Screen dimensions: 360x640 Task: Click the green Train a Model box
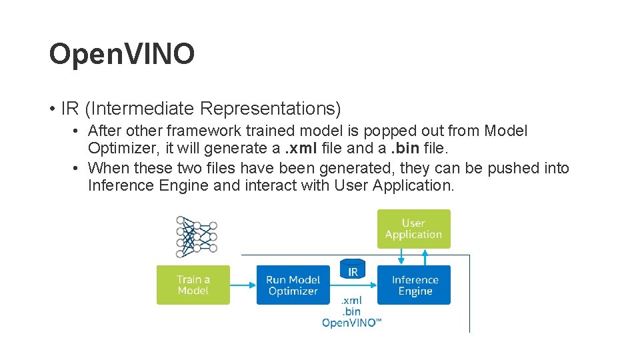click(193, 285)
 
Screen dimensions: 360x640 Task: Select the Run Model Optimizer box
click(293, 285)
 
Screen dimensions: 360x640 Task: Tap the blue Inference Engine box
click(415, 285)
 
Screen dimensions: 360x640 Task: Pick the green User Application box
click(413, 229)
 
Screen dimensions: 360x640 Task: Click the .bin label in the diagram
click(351, 311)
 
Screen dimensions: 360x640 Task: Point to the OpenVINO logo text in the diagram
click(352, 323)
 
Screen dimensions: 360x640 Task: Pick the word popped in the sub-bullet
click(363, 131)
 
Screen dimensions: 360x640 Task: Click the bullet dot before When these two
click(77, 167)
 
